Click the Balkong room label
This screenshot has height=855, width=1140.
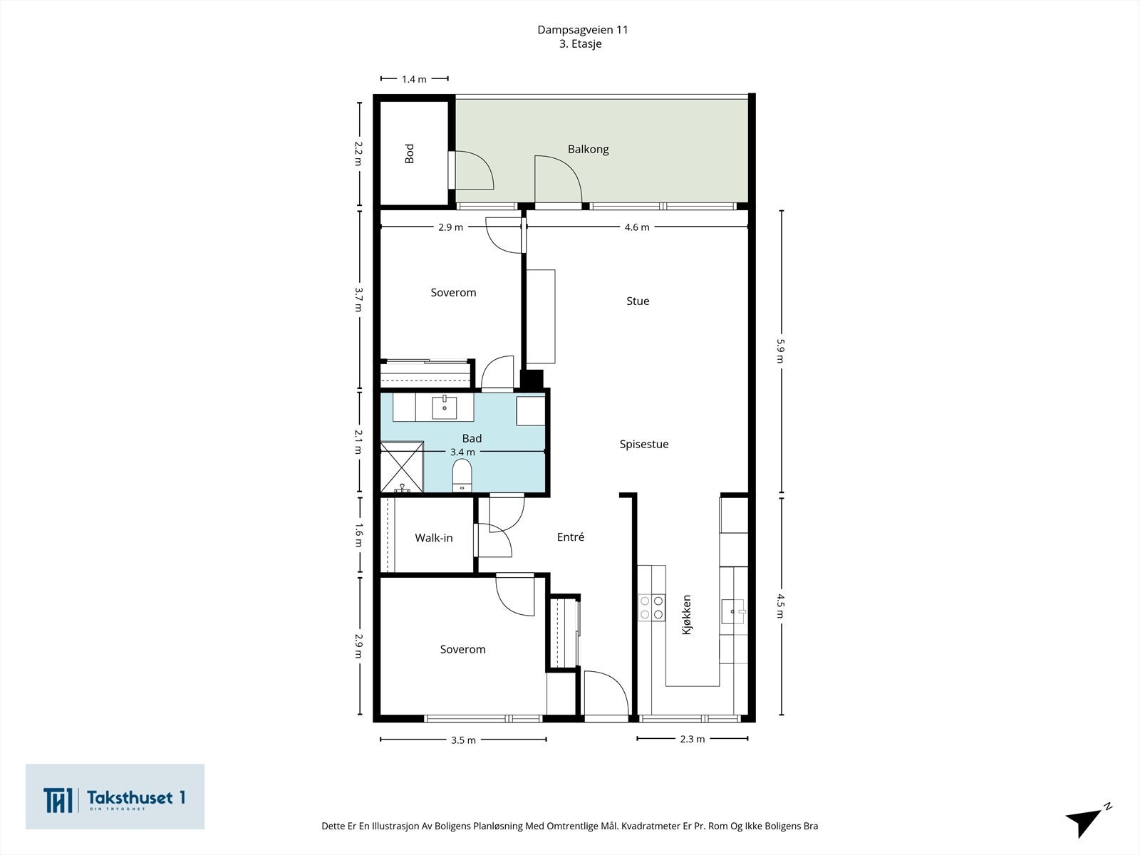[588, 150]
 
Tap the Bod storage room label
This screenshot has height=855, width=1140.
[410, 154]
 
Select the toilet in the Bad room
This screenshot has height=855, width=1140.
[462, 475]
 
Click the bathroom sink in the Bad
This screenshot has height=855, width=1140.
[445, 408]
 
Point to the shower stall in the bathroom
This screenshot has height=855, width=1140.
[401, 467]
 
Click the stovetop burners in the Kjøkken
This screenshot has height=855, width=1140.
[651, 606]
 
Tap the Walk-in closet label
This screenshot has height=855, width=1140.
[434, 538]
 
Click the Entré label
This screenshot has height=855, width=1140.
[570, 537]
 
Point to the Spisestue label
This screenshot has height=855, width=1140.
[643, 445]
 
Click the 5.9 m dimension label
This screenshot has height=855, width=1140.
[780, 350]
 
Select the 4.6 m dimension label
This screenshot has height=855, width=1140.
[636, 227]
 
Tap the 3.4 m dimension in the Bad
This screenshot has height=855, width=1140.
[462, 452]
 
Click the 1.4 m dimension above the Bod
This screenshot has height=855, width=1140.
[414, 79]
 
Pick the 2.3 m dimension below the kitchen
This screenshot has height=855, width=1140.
[692, 739]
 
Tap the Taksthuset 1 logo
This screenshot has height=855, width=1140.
[115, 797]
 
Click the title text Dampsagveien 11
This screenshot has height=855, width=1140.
[582, 30]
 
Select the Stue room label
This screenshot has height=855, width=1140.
[638, 301]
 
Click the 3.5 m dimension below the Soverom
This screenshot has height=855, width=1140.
[463, 740]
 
